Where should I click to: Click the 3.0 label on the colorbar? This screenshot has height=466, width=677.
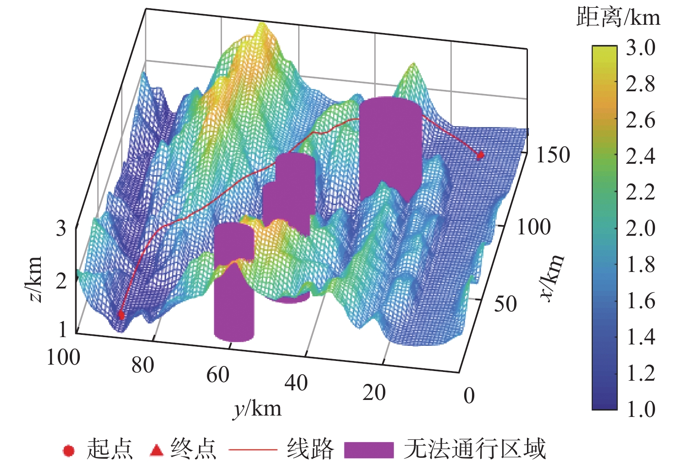click(641, 48)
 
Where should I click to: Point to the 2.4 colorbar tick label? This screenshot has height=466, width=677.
click(641, 156)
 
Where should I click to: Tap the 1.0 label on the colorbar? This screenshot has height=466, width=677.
click(641, 409)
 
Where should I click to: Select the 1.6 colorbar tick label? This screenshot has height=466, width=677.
click(641, 301)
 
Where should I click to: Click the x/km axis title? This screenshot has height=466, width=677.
click(552, 277)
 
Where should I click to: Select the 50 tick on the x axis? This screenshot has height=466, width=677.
click(505, 303)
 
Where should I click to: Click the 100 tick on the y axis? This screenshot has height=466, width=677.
click(63, 357)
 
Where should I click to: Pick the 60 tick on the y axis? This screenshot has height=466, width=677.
click(218, 375)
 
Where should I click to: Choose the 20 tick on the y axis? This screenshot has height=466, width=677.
click(374, 393)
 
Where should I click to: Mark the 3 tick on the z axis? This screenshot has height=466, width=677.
click(61, 228)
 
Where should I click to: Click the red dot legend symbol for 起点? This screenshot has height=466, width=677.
click(69, 451)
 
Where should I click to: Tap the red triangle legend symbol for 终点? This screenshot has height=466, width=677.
click(156, 450)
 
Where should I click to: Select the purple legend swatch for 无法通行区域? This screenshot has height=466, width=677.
click(369, 450)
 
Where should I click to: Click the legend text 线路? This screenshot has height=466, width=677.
click(310, 449)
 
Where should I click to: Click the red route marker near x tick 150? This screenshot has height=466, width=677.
click(480, 155)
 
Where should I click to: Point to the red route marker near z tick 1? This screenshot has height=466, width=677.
click(122, 315)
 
